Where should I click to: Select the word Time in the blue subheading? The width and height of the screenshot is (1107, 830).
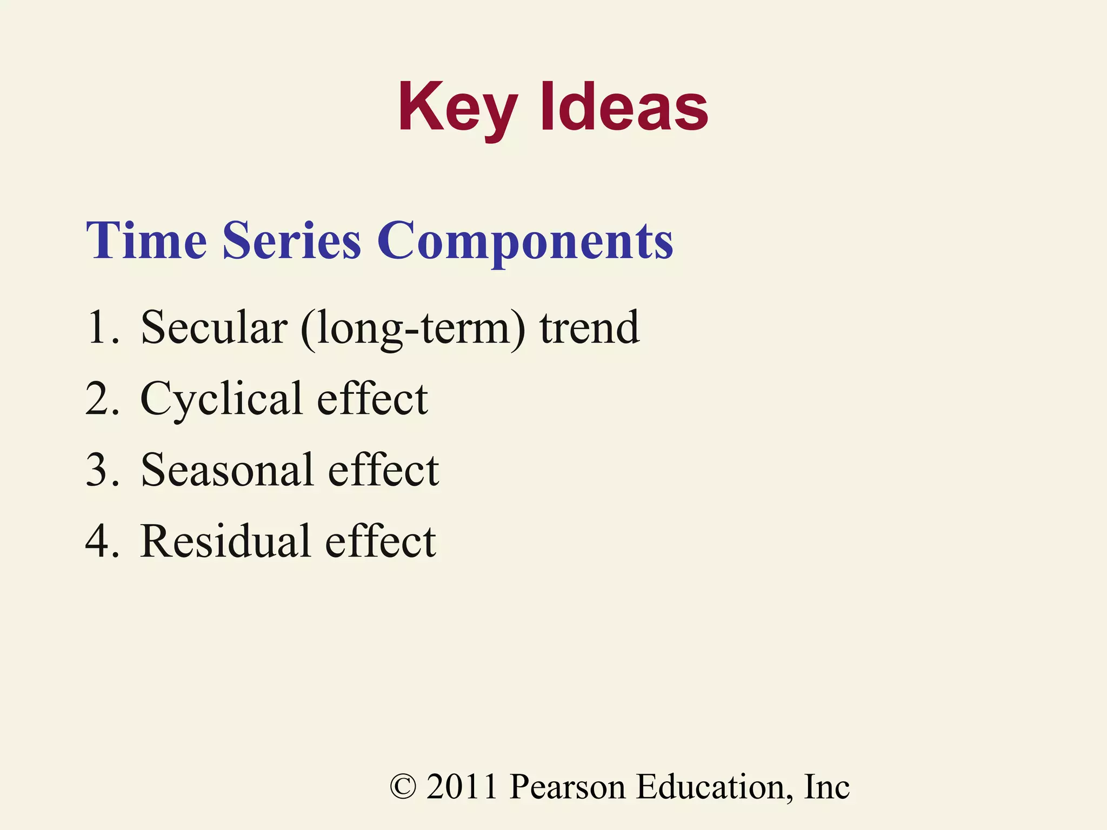click(146, 240)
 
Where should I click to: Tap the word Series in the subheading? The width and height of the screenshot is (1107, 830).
click(291, 240)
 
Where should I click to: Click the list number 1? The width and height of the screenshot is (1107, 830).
click(101, 327)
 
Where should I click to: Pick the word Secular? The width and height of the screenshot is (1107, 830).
click(214, 327)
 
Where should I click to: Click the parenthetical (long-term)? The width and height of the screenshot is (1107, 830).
click(414, 329)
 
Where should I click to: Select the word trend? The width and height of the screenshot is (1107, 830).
click(590, 327)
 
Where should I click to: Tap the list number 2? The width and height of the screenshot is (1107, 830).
click(101, 399)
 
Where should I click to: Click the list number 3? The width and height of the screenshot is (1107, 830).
click(101, 470)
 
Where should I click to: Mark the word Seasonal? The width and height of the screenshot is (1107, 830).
click(227, 470)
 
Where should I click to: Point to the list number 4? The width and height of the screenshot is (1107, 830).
click(101, 541)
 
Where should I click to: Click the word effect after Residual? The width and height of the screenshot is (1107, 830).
click(381, 541)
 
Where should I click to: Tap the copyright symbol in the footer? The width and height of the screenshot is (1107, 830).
click(403, 787)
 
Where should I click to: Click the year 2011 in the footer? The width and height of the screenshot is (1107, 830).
click(462, 787)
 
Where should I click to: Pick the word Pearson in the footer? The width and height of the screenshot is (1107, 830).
click(568, 787)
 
